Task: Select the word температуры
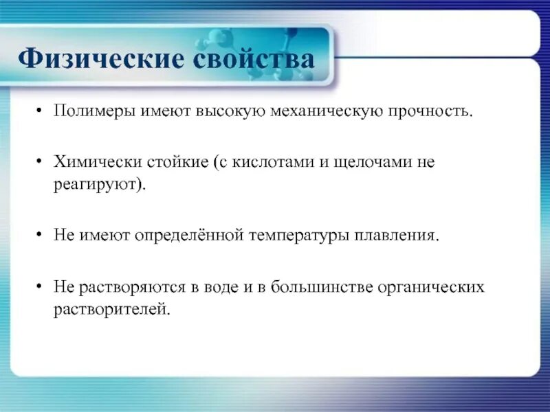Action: pos(300,236)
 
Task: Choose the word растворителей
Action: pos(111,309)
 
